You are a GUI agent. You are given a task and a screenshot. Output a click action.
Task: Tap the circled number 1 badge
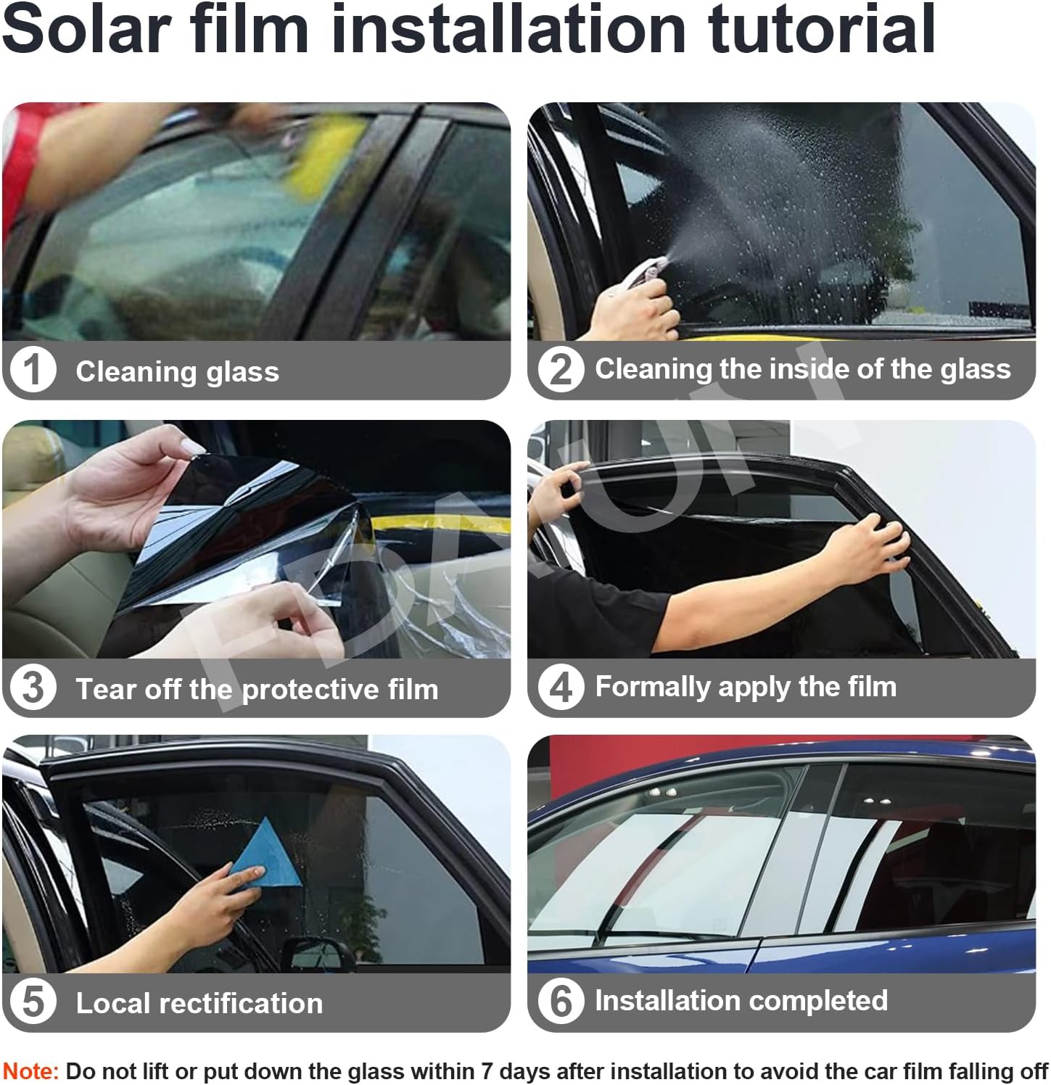click(33, 370)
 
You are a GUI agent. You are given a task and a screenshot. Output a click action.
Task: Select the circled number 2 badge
click(560, 369)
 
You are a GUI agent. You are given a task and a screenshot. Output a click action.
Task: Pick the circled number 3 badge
click(33, 688)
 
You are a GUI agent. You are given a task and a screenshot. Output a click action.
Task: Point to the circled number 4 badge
click(560, 686)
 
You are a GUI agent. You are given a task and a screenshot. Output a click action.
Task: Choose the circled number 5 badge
click(33, 1002)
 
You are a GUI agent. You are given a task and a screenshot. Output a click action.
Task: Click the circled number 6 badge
click(560, 1001)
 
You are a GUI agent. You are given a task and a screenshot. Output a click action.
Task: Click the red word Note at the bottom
click(30, 1071)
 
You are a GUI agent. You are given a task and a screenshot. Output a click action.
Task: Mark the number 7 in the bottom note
click(489, 1071)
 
